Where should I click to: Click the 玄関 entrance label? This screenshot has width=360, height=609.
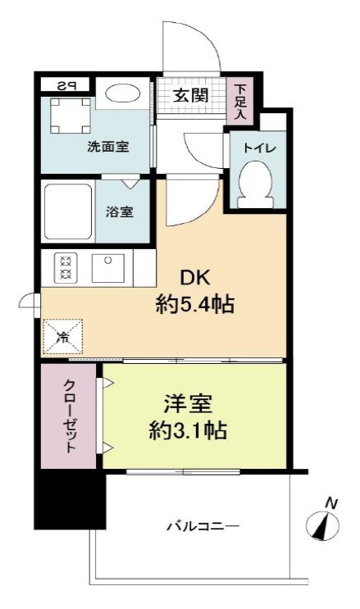tap(189, 95)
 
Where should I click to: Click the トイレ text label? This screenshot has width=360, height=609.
tap(257, 148)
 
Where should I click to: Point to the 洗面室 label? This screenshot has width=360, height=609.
tap(108, 148)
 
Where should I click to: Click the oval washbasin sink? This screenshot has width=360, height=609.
tap(124, 93)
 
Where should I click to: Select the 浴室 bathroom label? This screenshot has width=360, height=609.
tap(121, 211)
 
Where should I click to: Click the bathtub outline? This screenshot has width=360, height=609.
tap(68, 211)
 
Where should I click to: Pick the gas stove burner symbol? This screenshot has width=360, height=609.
tap(65, 268)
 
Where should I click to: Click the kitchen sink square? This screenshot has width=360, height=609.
tap(108, 268)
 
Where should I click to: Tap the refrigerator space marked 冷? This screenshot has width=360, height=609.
tap(63, 336)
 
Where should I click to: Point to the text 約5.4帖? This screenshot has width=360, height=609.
tap(195, 307)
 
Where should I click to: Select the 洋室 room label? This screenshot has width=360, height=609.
tap(189, 404)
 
